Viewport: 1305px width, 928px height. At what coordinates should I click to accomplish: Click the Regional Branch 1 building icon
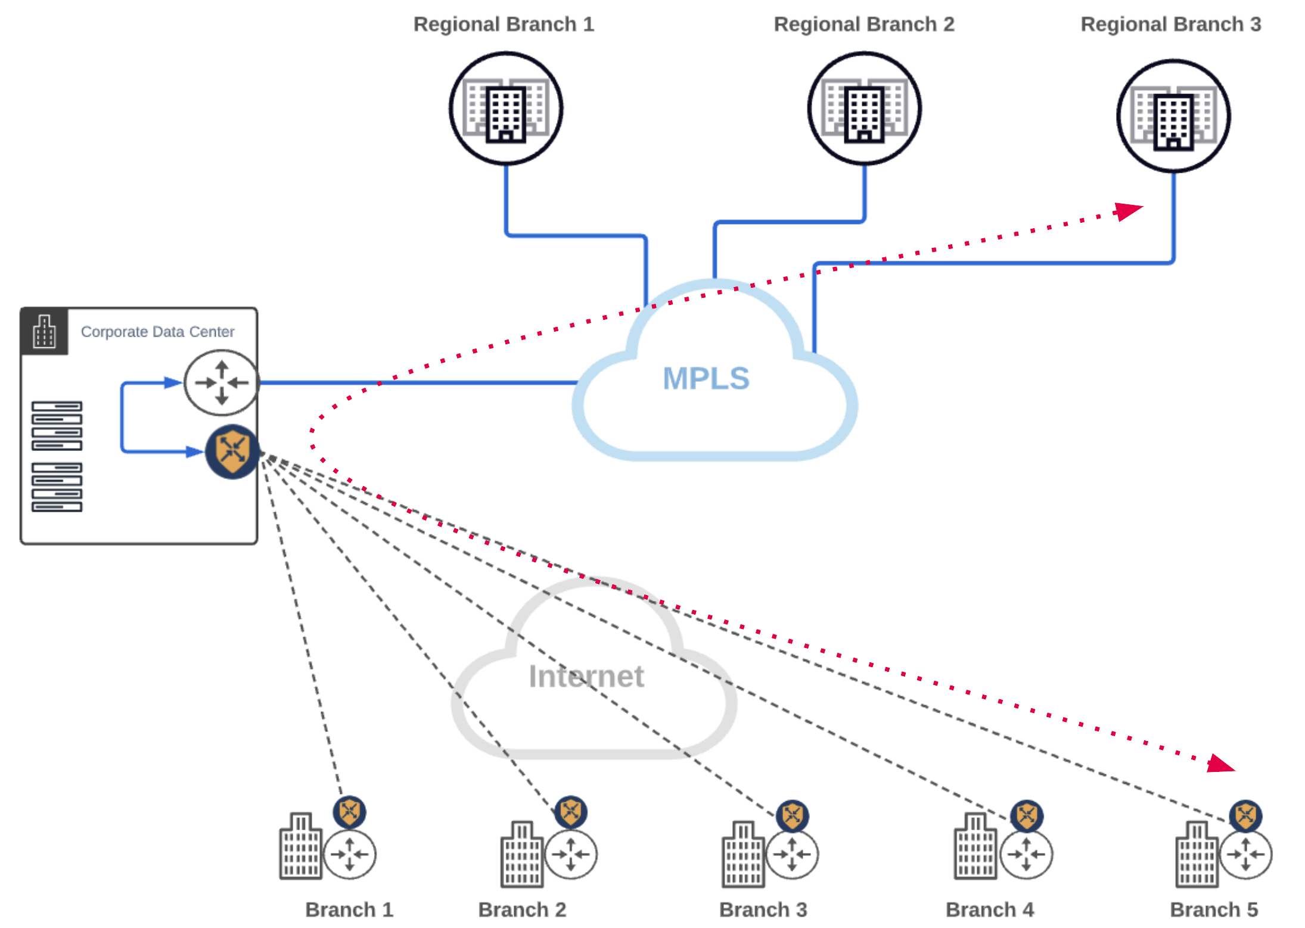[x=506, y=108]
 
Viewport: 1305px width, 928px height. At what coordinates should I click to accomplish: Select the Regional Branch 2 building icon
[x=864, y=108]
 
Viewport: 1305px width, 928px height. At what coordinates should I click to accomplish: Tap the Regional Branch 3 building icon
[x=1173, y=116]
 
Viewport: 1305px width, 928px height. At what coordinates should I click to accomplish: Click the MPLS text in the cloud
[x=706, y=379]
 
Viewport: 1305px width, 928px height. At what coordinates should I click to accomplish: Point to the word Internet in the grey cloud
[x=586, y=677]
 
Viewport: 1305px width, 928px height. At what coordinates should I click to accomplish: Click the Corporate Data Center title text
[x=157, y=332]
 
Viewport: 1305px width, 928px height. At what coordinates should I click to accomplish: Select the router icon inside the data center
[x=222, y=382]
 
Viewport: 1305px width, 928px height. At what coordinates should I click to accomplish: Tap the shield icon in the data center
[x=232, y=451]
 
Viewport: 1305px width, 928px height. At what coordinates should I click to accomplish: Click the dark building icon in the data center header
[x=45, y=332]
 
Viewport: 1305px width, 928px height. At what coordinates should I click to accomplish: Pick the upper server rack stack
[x=57, y=425]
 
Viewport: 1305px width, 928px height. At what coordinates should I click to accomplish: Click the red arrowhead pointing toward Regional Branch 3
[x=1128, y=211]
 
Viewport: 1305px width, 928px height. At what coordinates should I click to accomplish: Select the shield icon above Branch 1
[x=349, y=812]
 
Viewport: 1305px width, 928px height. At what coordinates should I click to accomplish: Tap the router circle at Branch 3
[x=792, y=854]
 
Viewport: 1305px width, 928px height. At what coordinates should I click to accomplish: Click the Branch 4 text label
[x=990, y=910]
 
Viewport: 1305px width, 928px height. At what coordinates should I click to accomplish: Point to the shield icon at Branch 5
[x=1245, y=816]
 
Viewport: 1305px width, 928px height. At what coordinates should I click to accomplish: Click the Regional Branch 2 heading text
[x=864, y=24]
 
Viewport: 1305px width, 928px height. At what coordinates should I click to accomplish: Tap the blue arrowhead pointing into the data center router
[x=173, y=382]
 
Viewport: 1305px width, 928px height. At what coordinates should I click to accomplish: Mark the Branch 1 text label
[x=349, y=910]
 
